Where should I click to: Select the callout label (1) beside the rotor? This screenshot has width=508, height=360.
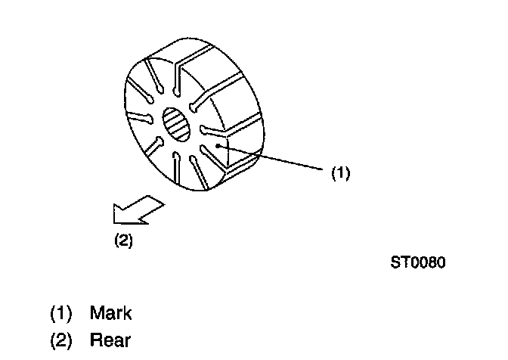(x=341, y=172)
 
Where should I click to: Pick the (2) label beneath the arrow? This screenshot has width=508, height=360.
(x=122, y=243)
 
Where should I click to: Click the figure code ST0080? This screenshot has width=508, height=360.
(x=418, y=262)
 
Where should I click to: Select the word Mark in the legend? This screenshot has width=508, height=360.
(x=110, y=312)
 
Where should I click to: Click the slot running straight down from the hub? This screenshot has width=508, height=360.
(x=175, y=168)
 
